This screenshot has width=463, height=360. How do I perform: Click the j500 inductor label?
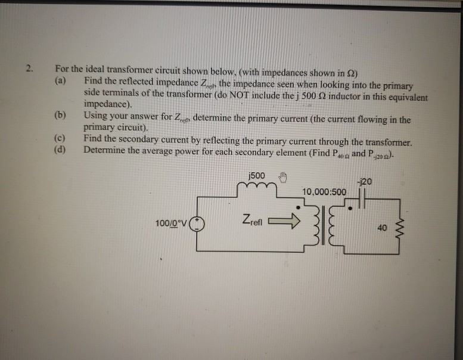point(257,176)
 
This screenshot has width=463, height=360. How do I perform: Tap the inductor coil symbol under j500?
point(257,186)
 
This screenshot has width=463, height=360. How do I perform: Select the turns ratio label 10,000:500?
point(324,192)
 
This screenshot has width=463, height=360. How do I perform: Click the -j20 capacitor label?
point(363,182)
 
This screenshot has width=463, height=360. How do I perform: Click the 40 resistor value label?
point(382,228)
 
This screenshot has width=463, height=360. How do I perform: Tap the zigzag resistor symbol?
point(399,228)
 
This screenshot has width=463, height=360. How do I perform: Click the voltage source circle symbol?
point(197,224)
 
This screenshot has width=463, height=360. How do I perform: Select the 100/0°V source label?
point(171,224)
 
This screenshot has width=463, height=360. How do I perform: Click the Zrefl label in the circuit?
point(252,220)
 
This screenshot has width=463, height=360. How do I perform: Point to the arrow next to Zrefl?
point(284,221)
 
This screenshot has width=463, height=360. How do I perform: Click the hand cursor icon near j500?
point(283,177)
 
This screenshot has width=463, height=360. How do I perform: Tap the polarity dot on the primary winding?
point(298,207)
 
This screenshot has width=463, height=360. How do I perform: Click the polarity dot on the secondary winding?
point(350,208)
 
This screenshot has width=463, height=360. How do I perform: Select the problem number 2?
point(29,69)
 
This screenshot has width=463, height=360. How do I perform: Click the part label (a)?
point(61,80)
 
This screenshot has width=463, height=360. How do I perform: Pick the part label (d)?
point(60,150)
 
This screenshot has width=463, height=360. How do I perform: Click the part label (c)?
point(60,138)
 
